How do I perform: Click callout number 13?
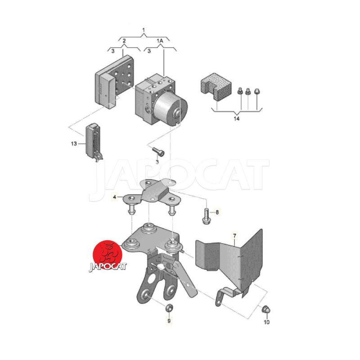(74, 144)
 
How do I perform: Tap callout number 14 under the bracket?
(237, 118)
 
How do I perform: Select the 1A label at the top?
(160, 41)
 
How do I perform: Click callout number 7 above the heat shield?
(234, 235)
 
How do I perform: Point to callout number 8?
(217, 212)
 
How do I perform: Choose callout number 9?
(169, 321)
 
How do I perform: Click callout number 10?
(266, 322)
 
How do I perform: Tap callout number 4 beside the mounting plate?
(115, 197)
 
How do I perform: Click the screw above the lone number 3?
(158, 151)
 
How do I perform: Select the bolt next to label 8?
(206, 216)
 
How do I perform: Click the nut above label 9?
(170, 308)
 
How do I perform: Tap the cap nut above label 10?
(266, 309)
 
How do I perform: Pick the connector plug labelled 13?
(94, 143)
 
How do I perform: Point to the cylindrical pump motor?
(171, 108)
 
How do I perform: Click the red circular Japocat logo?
(108, 255)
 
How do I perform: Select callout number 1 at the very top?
(144, 30)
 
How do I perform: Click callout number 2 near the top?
(124, 41)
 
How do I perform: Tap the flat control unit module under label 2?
(114, 81)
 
